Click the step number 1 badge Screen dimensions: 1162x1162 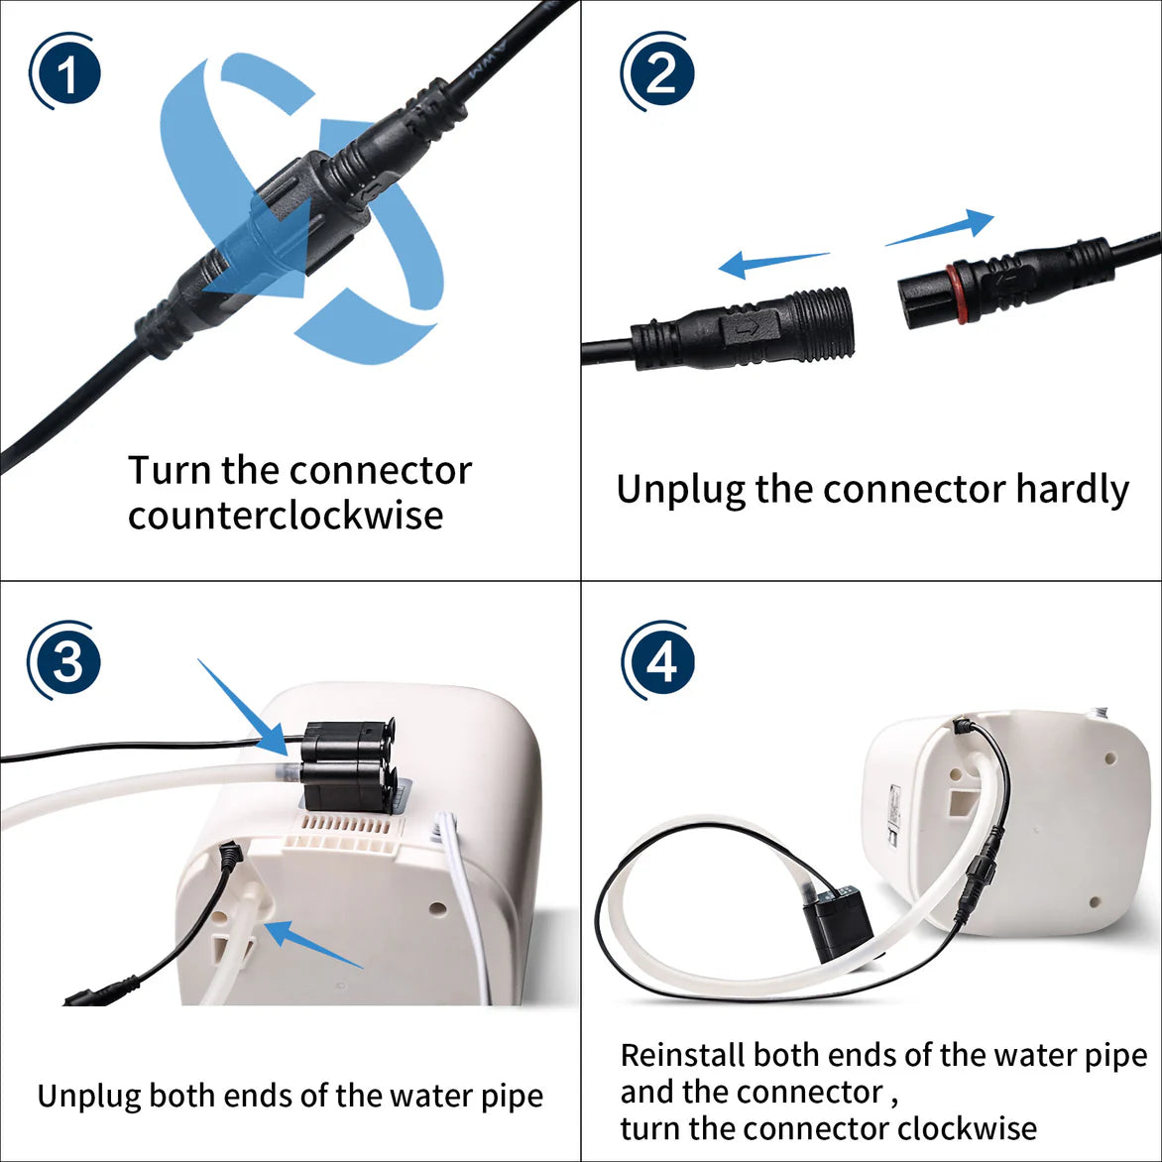pyautogui.click(x=65, y=73)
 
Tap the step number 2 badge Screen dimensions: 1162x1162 pyautogui.click(x=658, y=73)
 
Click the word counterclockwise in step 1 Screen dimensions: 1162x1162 pyautogui.click(x=285, y=516)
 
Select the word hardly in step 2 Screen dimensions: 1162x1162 pyautogui.click(x=1072, y=490)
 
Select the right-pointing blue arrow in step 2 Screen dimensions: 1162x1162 pyautogui.click(x=940, y=228)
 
